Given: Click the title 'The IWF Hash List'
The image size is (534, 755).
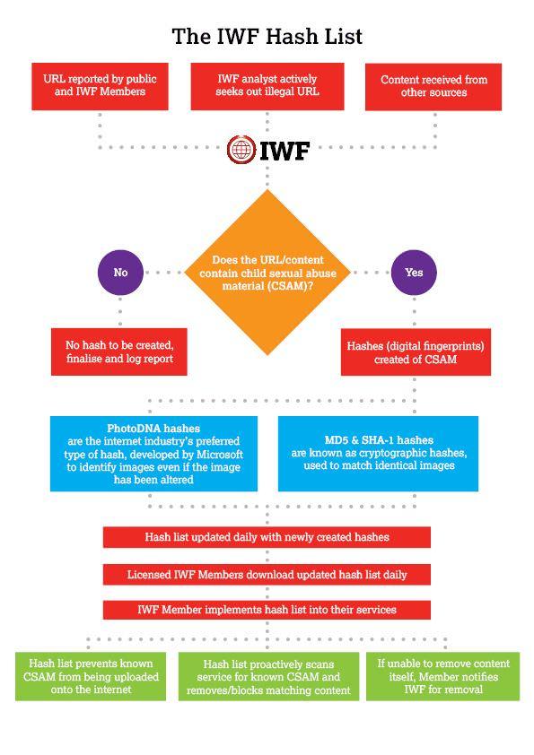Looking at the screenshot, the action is coord(267,37).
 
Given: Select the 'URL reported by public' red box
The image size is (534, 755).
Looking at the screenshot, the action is coord(100,86).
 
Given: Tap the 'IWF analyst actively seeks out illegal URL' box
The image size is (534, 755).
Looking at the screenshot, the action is coord(267,86).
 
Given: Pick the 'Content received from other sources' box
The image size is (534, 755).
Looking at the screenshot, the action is coord(433,87).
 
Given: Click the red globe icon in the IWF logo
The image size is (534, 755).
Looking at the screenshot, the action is coord(241,150).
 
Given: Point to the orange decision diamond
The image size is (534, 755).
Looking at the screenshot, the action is coord(267,273).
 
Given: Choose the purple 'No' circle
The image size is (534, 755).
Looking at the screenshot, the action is coord(120,273).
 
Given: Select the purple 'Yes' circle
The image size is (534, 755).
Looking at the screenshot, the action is coord(414,273).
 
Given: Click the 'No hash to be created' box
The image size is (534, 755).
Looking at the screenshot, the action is coord(119,351).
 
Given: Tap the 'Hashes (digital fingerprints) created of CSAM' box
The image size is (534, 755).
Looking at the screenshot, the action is coord(416,352).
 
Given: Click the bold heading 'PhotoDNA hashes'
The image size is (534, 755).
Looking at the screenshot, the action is coord(153,428).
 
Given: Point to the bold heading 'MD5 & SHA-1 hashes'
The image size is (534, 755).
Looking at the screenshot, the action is coord(379,439).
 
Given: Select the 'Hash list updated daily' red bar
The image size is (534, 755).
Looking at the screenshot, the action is coord(267,537).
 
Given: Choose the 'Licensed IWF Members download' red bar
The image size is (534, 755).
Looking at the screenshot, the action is coord(267,575).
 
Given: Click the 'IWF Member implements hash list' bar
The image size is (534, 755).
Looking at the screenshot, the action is coord(267,610).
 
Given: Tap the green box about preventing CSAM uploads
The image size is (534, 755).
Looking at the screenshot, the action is coord(91,676).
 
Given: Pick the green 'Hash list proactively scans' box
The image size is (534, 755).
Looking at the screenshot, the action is coord(268,676).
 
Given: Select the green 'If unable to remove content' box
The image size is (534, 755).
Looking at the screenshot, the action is coord(443,676).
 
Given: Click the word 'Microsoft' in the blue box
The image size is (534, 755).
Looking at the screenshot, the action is coord(219,454).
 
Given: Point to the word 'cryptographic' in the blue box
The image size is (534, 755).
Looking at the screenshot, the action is coord(395,453).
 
